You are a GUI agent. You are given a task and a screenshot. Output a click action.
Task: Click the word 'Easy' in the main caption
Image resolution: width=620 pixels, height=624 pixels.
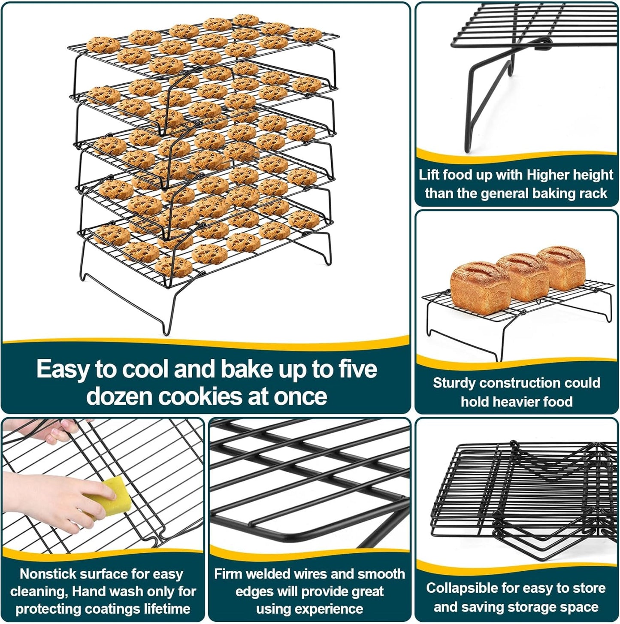pyautogui.click(x=62, y=369)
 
